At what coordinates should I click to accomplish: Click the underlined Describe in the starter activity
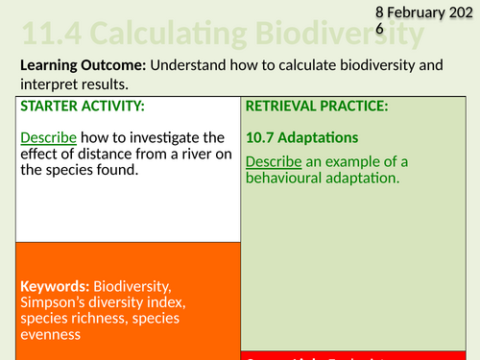point(43,137)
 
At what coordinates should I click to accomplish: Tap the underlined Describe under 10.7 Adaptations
point(270,160)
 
